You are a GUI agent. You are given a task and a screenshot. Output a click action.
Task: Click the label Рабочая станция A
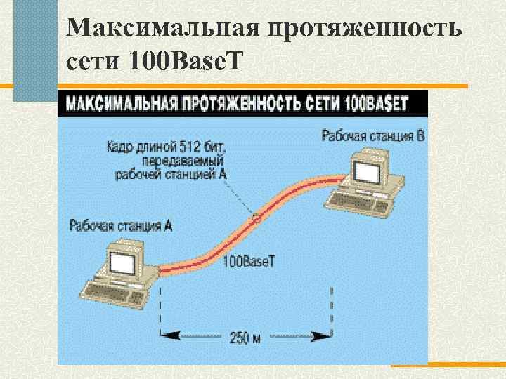click(x=121, y=226)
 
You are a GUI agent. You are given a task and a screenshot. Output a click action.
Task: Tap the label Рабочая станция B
click(x=372, y=135)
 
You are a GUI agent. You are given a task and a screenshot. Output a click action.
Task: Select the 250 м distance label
click(x=245, y=338)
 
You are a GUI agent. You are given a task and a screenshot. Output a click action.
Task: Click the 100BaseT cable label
click(x=250, y=261)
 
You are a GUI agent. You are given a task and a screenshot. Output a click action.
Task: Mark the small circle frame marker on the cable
click(x=257, y=218)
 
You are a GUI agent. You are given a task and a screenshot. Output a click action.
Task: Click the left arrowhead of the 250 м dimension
click(x=166, y=335)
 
